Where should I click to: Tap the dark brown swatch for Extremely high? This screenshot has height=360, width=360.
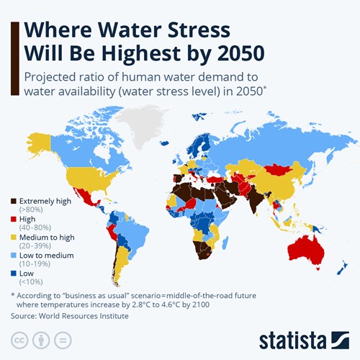(14, 202)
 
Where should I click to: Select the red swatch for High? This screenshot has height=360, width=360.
(14, 218)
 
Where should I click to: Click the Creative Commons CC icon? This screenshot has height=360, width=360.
(19, 339)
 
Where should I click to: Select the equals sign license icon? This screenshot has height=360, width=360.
(63, 339)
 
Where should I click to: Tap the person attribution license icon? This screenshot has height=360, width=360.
(42, 339)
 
